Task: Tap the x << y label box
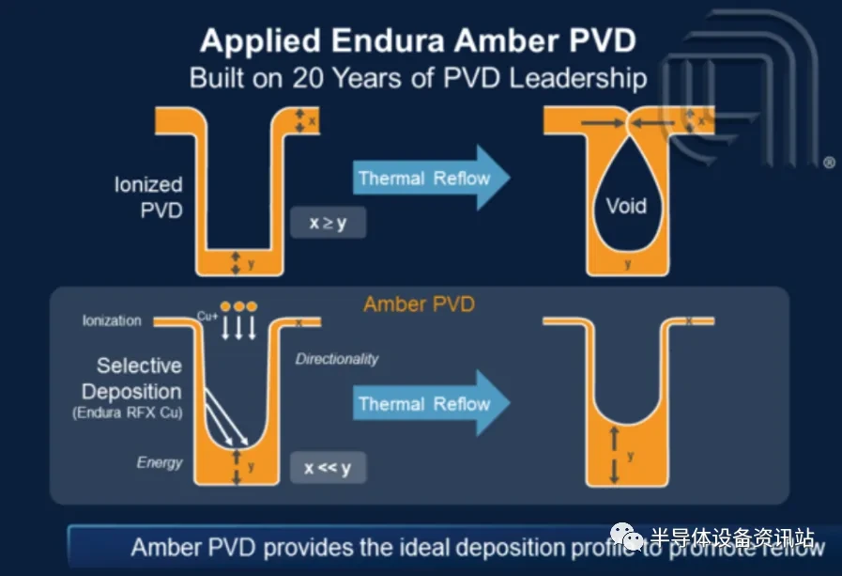point(327,467)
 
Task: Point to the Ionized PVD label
point(148,197)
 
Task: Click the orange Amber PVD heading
point(419,304)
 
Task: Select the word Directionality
point(337,359)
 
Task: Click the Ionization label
point(112,320)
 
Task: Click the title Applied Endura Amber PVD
point(418,41)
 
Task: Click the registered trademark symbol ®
point(829,163)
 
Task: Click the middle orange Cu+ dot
point(238,307)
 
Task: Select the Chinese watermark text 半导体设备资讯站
point(731,537)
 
